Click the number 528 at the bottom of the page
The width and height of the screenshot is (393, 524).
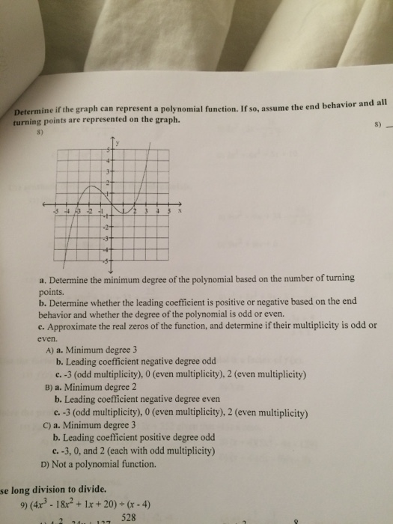pyautogui.click(x=130, y=516)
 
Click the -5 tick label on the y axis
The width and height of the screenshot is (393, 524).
pyautogui.click(x=107, y=261)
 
